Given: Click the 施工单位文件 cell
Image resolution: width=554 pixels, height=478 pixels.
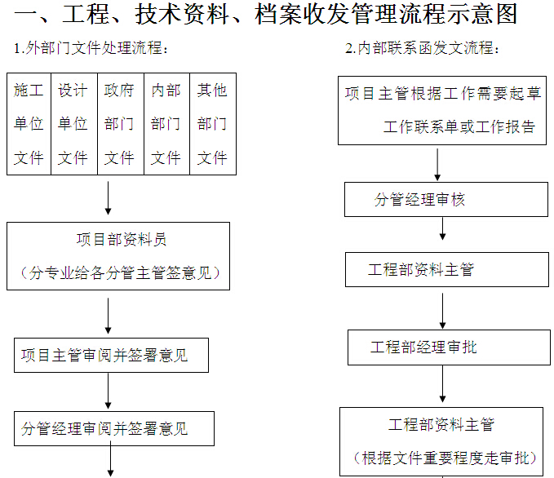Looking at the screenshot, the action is tap(29, 124).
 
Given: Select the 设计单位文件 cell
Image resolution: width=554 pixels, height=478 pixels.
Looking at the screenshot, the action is tap(74, 124).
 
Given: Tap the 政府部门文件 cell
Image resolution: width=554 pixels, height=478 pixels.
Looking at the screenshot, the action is tap(121, 124).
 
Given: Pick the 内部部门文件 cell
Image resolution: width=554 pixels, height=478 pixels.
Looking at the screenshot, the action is tap(167, 124).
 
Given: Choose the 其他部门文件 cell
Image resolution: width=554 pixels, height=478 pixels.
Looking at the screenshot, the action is tap(213, 124).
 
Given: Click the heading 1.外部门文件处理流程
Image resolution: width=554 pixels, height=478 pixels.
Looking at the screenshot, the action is tap(91, 48).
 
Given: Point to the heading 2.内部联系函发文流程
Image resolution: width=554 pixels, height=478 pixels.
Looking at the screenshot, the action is tap(422, 48).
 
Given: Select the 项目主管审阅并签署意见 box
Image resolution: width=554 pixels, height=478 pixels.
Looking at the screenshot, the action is tap(111, 355).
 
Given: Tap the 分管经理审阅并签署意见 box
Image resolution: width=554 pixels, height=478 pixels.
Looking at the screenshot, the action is tap(114, 428).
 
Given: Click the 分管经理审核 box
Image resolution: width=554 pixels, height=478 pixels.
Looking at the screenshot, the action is tap(446, 200).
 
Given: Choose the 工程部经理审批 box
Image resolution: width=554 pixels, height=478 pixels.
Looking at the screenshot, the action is tap(449, 347).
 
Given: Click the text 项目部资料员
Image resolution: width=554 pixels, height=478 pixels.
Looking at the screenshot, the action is tap(122, 240).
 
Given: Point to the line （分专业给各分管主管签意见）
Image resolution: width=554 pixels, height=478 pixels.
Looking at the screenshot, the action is tap(120, 272).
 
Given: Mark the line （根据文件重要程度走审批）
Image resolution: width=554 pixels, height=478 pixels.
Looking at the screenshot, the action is tap(445, 458).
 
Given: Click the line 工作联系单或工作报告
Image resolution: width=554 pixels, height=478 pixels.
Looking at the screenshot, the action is tap(459, 126).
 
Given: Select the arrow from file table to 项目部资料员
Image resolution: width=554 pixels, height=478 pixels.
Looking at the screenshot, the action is tap(109, 198).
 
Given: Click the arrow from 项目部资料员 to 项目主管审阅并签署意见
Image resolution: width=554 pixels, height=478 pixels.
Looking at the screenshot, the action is tap(109, 316).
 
